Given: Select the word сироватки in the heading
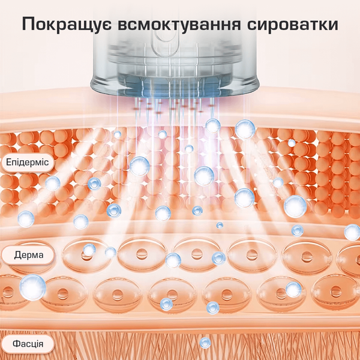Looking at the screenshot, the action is (x=293, y=25).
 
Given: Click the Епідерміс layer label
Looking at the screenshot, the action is (x=28, y=162).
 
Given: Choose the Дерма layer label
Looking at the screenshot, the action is (x=28, y=255).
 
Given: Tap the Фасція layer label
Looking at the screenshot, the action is (x=28, y=344).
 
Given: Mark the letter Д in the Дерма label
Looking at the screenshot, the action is (x=18, y=255).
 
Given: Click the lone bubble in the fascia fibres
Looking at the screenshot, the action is (x=205, y=343).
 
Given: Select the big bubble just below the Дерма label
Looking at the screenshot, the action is (x=32, y=287).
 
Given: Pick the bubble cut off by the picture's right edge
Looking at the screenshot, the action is (x=352, y=232).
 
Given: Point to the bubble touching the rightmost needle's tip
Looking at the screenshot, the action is (x=213, y=126).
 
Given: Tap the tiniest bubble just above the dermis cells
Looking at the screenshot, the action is (x=220, y=225).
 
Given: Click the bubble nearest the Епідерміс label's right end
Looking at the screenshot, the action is (x=53, y=184).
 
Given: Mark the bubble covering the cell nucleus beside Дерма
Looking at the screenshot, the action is (x=89, y=250).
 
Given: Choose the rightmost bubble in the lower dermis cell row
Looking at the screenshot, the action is (x=293, y=290).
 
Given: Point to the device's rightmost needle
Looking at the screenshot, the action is (x=212, y=108).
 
